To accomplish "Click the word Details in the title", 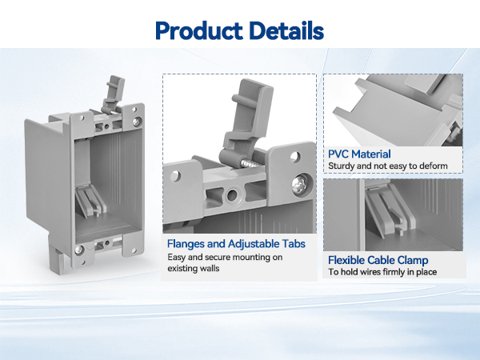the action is point(286,30).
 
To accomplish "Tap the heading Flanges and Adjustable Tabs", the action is point(236,244).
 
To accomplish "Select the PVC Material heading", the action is point(359,154).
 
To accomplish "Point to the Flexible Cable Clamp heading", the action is point(378,260).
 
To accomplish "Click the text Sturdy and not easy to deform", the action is point(388,166).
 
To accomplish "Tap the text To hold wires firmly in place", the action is point(382,272).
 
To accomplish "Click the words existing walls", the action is point(194,269).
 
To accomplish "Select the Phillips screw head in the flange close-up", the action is point(300,185).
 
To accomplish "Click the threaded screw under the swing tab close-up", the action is point(250,162).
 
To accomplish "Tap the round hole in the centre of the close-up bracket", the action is point(232,194).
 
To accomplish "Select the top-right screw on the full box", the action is point(137,122).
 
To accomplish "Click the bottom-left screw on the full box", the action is point(79,250).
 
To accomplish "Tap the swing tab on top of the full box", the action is point(114,94).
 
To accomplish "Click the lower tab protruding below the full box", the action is point(58,254).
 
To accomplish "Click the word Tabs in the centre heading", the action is point(294,244).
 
